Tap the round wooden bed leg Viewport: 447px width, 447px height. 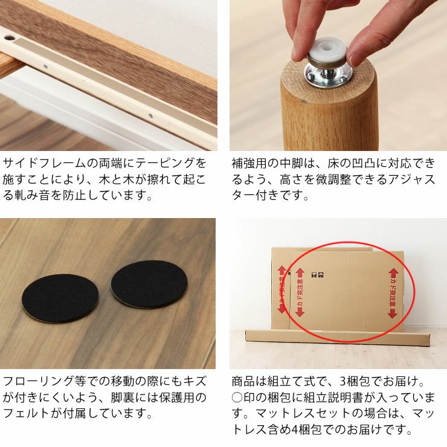click(329, 115)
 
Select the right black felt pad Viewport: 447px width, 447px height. click(149, 283)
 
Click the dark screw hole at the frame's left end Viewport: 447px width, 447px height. click(9, 37)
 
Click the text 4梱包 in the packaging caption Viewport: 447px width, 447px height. click(302, 431)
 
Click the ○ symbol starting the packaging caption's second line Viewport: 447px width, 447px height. click(237, 398)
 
